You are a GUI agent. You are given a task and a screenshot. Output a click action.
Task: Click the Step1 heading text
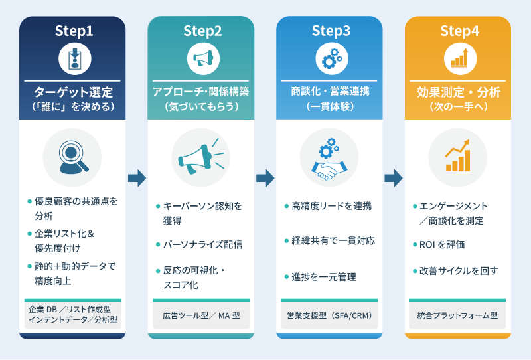pos(73,31)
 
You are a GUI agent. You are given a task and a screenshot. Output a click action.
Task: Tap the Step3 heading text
pos(330,31)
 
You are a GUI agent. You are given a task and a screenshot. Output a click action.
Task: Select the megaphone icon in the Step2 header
pos(201,60)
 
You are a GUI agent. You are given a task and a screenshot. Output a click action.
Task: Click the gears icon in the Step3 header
pos(330,60)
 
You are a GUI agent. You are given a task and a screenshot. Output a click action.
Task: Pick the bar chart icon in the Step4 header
pos(459,59)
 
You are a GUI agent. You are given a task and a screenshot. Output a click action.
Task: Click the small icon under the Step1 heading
pos(73,60)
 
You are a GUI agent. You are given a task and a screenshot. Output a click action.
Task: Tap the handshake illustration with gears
pos(330,157)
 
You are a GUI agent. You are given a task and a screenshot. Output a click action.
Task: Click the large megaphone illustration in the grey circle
pos(201,157)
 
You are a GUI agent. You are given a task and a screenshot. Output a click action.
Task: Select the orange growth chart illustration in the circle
pos(459,157)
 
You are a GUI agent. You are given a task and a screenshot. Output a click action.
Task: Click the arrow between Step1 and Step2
pos(137,177)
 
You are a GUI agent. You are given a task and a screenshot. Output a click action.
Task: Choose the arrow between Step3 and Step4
pos(394,177)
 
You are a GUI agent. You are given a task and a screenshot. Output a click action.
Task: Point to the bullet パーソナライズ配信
pos(202,244)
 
